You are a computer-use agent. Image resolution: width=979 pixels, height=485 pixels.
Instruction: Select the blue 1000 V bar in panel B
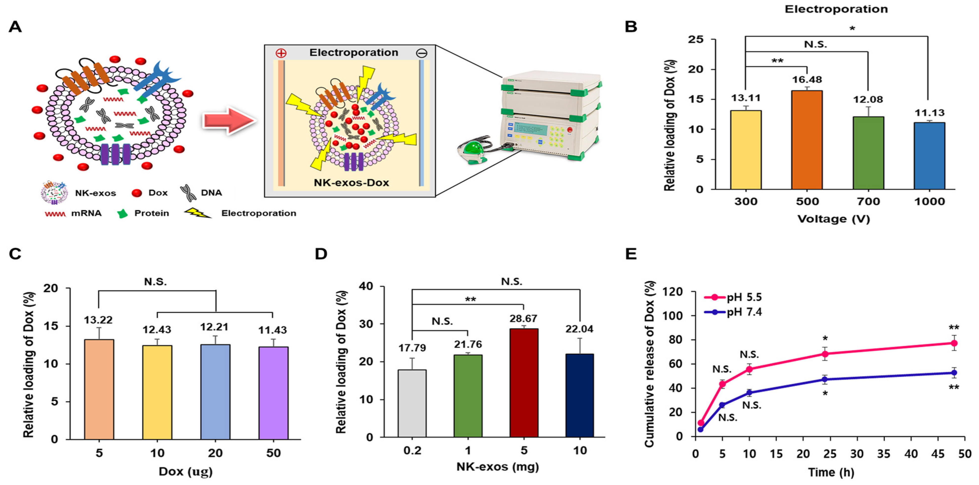tap(929, 156)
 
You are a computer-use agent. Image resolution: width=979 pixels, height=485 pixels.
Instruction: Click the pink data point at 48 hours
tap(953, 343)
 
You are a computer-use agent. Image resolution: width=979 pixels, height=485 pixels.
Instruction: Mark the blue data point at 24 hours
tap(825, 379)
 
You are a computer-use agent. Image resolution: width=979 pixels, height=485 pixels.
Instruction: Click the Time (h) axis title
tap(831, 472)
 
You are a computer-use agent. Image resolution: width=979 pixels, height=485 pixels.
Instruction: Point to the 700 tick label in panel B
tap(868, 202)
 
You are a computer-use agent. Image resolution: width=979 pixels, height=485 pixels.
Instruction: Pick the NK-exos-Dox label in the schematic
tap(351, 183)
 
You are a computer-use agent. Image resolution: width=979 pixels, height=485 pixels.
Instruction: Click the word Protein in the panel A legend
tap(151, 213)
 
